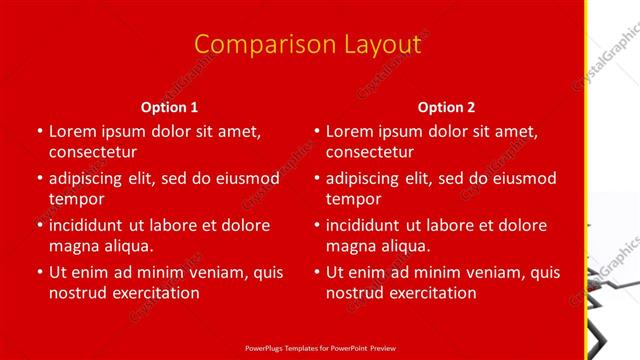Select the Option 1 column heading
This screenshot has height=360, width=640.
[x=170, y=107]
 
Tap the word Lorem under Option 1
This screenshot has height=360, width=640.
[x=72, y=131]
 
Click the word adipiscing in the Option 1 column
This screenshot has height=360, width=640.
[x=90, y=178]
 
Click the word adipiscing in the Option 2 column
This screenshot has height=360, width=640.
[x=367, y=178]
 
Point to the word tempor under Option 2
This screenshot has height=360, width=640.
[x=354, y=199]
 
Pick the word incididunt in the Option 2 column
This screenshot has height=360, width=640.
[x=369, y=225]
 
